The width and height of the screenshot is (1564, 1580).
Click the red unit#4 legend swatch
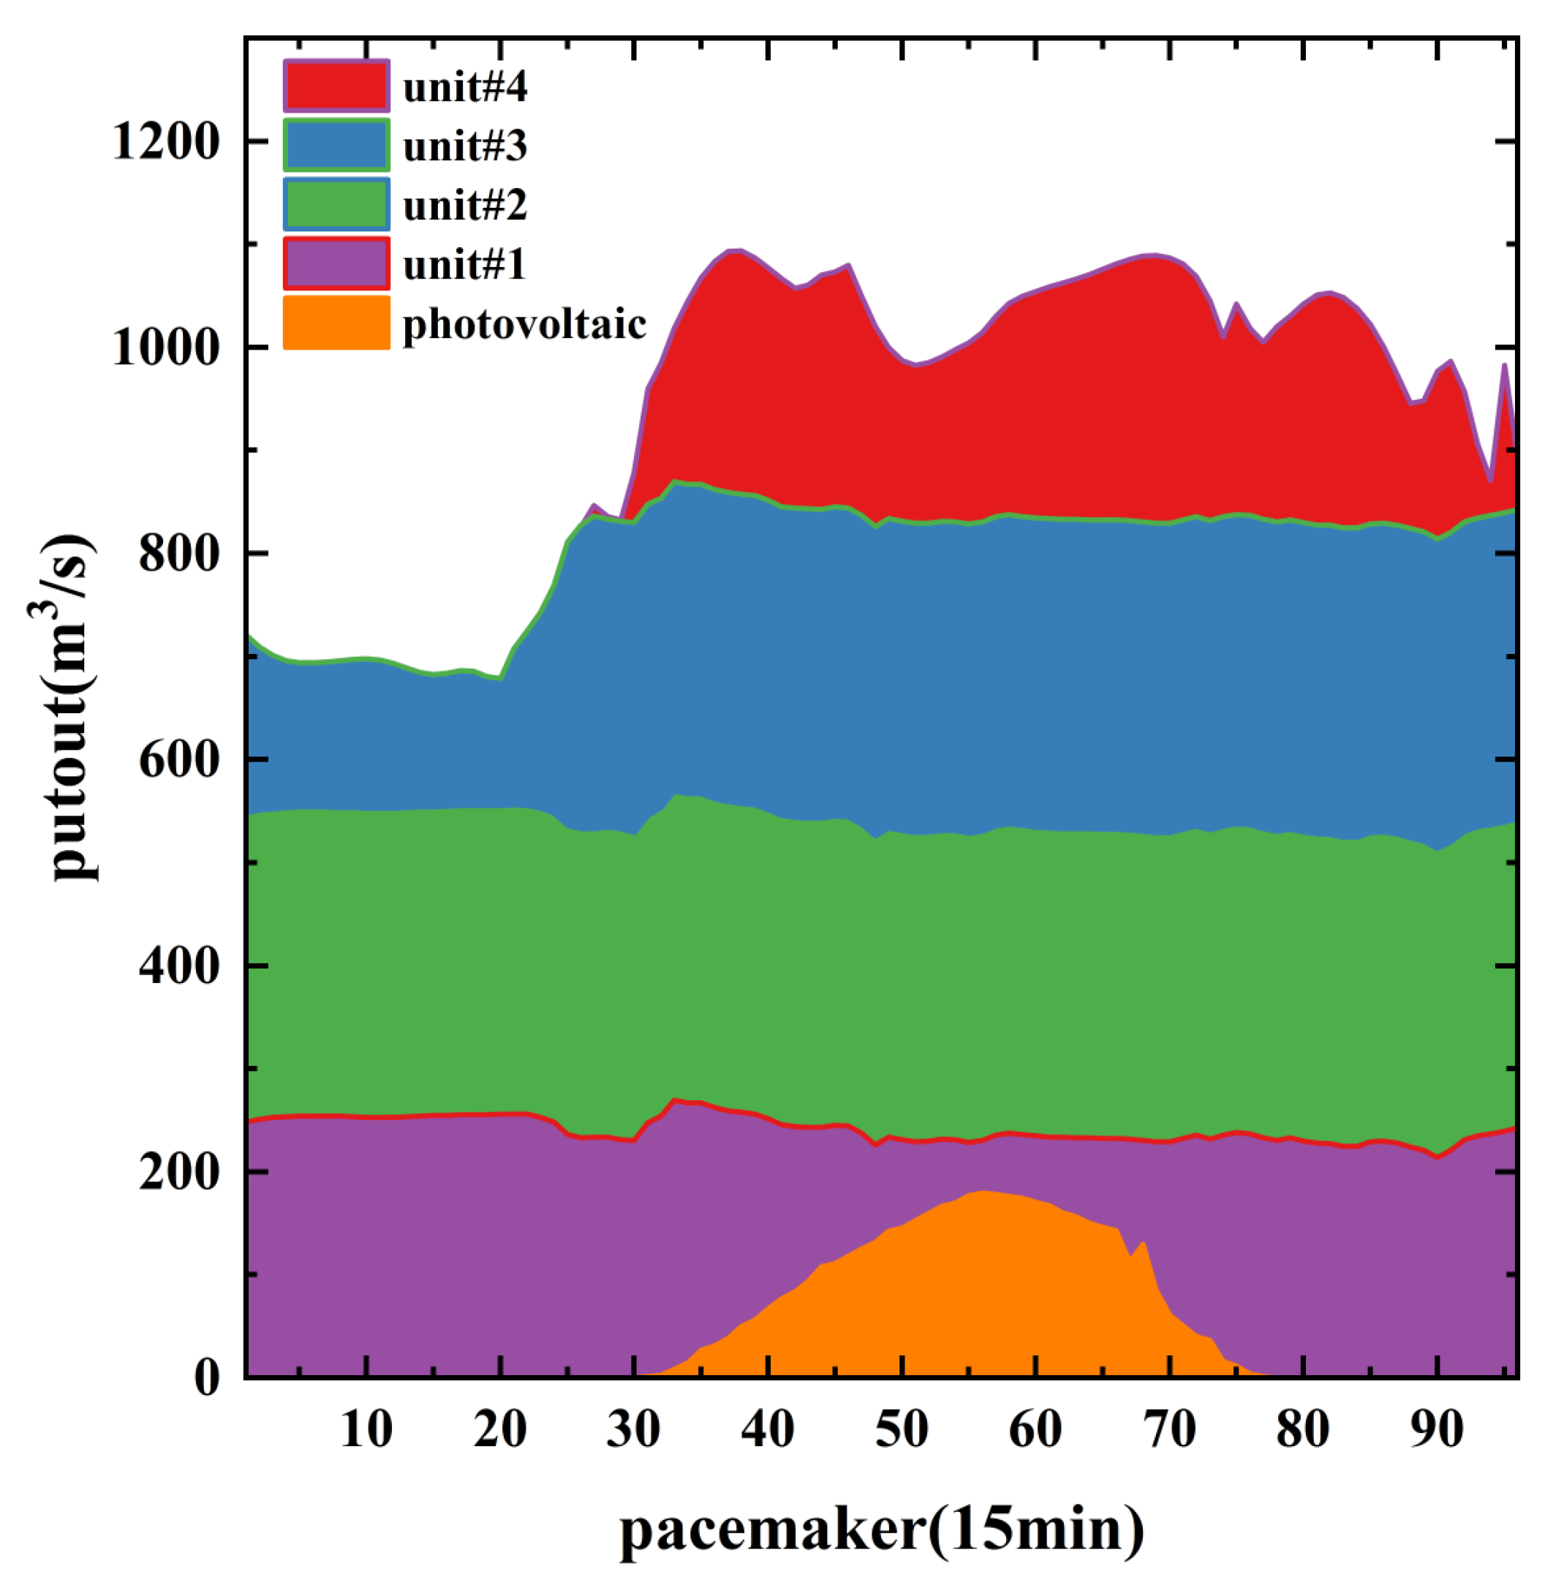pos(336,86)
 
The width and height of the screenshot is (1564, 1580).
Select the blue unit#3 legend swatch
pos(336,146)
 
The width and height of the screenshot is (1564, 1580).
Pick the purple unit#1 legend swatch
pos(336,264)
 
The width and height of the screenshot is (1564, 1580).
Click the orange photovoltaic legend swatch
pos(336,324)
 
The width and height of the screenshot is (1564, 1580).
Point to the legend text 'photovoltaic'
pos(524,325)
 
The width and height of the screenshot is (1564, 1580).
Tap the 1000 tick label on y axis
pos(167,348)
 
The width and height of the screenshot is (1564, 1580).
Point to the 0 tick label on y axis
pos(208,1379)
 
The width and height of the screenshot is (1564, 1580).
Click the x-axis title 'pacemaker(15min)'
pos(881,1530)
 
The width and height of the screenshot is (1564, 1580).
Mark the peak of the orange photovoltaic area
pos(982,1192)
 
